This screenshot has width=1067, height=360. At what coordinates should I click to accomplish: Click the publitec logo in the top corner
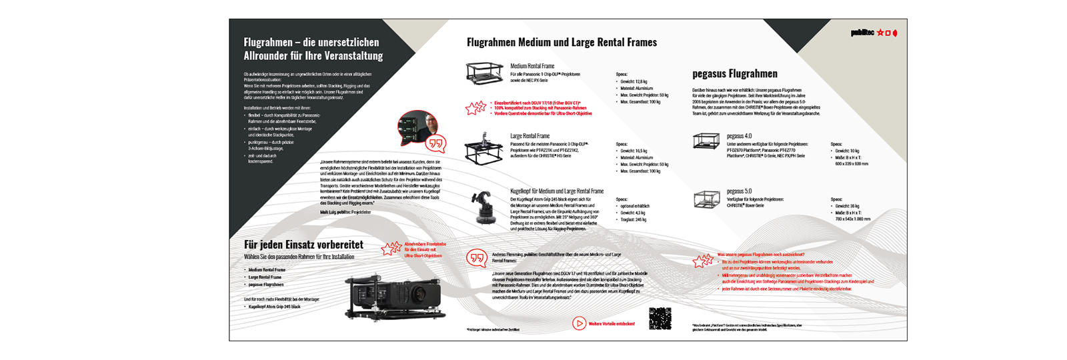point(873,33)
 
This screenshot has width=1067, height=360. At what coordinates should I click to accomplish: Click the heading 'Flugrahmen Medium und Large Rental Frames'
point(562,43)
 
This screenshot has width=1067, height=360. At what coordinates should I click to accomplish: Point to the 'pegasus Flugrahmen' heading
point(734,74)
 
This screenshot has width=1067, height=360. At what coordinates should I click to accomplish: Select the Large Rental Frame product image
point(484,149)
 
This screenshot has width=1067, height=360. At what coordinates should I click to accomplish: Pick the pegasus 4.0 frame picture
point(706,141)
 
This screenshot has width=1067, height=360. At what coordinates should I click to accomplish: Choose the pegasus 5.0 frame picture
point(706,199)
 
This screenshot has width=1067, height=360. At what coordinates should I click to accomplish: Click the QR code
point(660,318)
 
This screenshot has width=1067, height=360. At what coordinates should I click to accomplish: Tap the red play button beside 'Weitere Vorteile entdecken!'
point(579,324)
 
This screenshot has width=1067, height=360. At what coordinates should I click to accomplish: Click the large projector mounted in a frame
point(393,297)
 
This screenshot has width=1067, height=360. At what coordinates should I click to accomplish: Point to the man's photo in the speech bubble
point(418,127)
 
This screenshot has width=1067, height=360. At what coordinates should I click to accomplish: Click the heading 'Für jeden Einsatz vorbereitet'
point(303,245)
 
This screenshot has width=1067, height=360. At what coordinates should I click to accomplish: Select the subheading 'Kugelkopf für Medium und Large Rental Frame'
point(556,191)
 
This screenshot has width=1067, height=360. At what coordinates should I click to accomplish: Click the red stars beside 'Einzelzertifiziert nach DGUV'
point(476,108)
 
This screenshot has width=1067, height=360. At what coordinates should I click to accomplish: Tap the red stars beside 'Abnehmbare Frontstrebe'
point(391,249)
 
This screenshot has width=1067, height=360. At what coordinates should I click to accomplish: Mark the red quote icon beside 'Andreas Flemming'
point(477,258)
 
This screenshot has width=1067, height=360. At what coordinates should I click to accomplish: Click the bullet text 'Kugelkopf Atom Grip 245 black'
point(274,307)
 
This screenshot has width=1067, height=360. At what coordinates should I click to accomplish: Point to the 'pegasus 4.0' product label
point(739,136)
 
